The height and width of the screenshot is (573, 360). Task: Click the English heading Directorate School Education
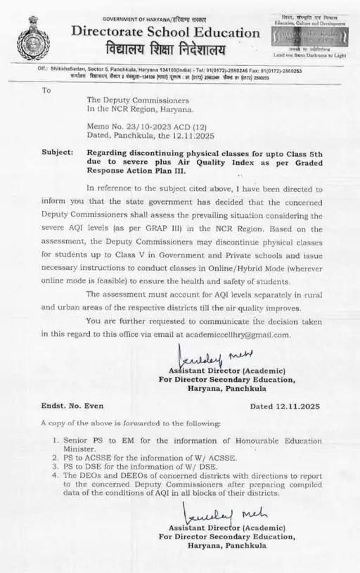165,32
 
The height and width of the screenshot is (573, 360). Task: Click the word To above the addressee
46,90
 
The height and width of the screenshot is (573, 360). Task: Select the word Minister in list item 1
79,447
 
